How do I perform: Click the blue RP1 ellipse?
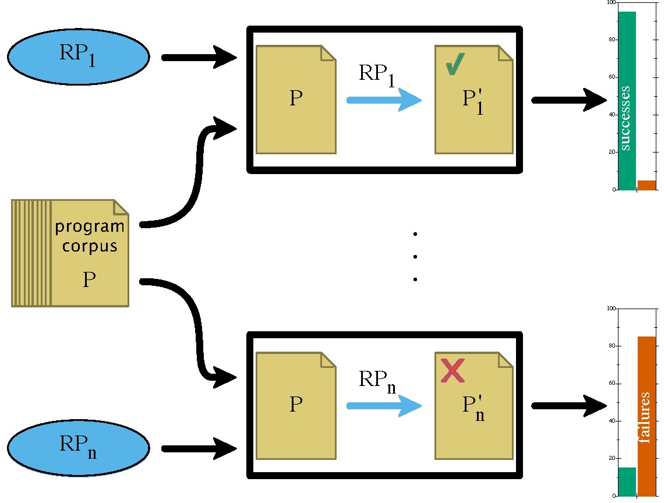coord(78,56)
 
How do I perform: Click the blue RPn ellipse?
coord(78,448)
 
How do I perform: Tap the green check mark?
coord(455,65)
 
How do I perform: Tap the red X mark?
coord(453,371)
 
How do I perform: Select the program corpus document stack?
coord(70,253)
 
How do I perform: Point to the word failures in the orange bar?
coord(645,418)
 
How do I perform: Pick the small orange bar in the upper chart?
coord(646,185)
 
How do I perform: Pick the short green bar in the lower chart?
coord(627,481)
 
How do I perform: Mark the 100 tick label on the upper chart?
coord(610,3)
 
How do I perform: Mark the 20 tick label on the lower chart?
coord(612,458)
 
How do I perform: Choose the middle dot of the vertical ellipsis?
coord(415,257)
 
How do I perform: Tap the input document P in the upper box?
coord(296,99)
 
